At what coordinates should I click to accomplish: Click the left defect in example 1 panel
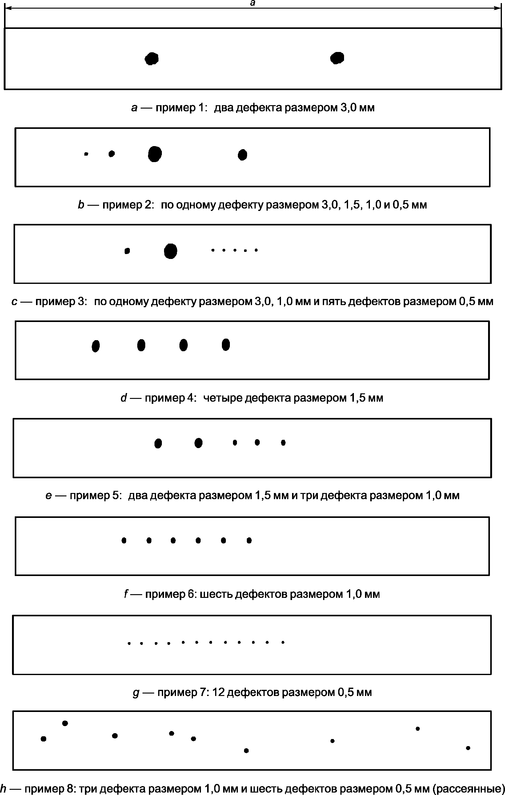[x=152, y=59]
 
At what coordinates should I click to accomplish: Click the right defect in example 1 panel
[x=337, y=58]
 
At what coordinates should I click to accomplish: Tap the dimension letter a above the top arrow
[x=253, y=3]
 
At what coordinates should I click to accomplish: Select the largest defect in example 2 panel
[x=155, y=154]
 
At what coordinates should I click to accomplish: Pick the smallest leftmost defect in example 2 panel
[x=86, y=154]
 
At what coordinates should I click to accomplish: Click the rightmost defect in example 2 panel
[x=242, y=154]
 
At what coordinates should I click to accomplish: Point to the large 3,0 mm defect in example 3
[x=170, y=251]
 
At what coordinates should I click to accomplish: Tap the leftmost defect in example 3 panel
[x=127, y=251]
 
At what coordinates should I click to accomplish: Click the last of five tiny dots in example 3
[x=256, y=250]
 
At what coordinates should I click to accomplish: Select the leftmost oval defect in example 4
[x=96, y=346]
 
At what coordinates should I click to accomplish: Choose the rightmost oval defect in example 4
[x=226, y=344]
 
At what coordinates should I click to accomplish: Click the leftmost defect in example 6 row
[x=124, y=540]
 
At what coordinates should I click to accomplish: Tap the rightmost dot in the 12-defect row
[x=283, y=642]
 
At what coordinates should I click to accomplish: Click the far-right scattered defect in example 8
[x=468, y=748]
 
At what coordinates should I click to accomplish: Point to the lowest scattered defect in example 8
[x=246, y=750]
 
